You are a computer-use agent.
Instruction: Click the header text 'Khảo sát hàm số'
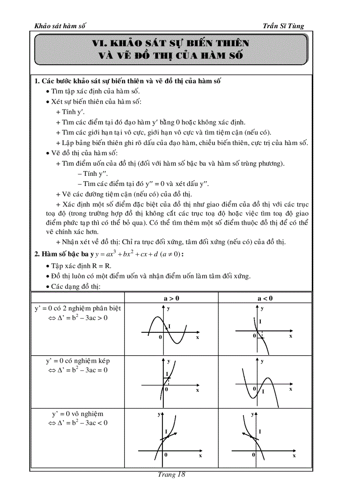(x=60, y=26)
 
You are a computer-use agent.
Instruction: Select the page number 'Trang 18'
(x=171, y=474)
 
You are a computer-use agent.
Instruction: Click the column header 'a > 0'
(x=172, y=298)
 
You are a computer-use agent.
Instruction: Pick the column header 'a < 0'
(x=265, y=298)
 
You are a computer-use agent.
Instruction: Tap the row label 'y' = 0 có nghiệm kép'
(x=78, y=361)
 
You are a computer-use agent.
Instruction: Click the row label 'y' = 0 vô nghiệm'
(x=78, y=413)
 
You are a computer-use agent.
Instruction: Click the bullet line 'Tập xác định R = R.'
(x=79, y=266)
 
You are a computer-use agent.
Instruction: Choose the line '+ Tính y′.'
(x=70, y=112)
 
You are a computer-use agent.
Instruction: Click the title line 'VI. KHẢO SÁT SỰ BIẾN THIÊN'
(x=171, y=43)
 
